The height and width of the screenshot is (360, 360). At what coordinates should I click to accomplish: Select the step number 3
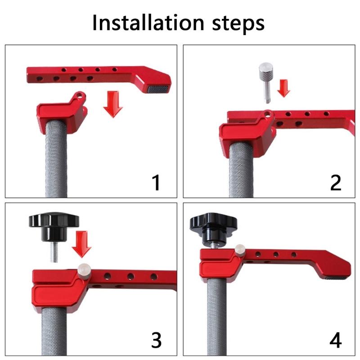[x=156, y=340]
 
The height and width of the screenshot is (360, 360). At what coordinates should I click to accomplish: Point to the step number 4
[x=335, y=340]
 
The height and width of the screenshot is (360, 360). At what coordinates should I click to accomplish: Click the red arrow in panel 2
[x=283, y=86]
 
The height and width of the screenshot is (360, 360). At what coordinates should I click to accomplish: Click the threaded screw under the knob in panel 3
[x=54, y=252]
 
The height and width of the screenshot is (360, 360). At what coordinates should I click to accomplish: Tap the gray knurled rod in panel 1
[x=56, y=162]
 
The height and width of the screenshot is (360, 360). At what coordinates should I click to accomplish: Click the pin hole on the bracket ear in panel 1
[x=80, y=95]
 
